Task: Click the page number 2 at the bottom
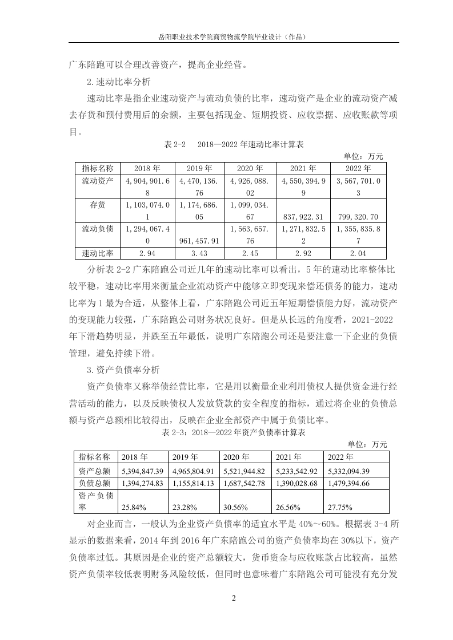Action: [234, 598]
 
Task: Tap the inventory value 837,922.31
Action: [303, 217]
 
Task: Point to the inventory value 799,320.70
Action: [358, 217]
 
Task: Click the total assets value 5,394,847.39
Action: [143, 471]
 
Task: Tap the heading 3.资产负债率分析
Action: [123, 369]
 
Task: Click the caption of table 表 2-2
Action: [234, 145]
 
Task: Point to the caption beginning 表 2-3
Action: [234, 433]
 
